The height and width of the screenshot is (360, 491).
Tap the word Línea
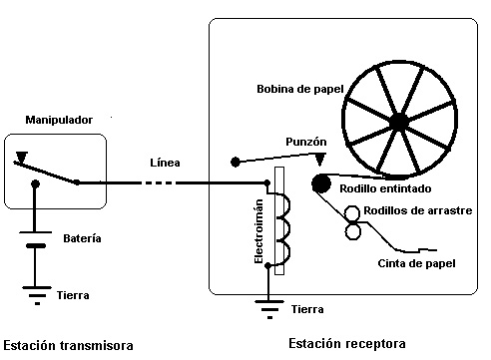(x=165, y=162)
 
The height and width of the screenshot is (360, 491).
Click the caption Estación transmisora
(x=68, y=345)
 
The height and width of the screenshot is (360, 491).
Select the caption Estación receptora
(x=347, y=343)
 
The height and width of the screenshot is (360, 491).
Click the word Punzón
(x=306, y=142)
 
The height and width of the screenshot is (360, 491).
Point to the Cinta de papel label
(x=416, y=263)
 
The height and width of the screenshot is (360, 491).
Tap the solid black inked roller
(x=320, y=182)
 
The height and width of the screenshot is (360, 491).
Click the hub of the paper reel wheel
(x=399, y=122)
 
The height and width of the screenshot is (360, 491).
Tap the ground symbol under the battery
(x=36, y=294)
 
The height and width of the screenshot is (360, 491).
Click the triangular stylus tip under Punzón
(x=319, y=160)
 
